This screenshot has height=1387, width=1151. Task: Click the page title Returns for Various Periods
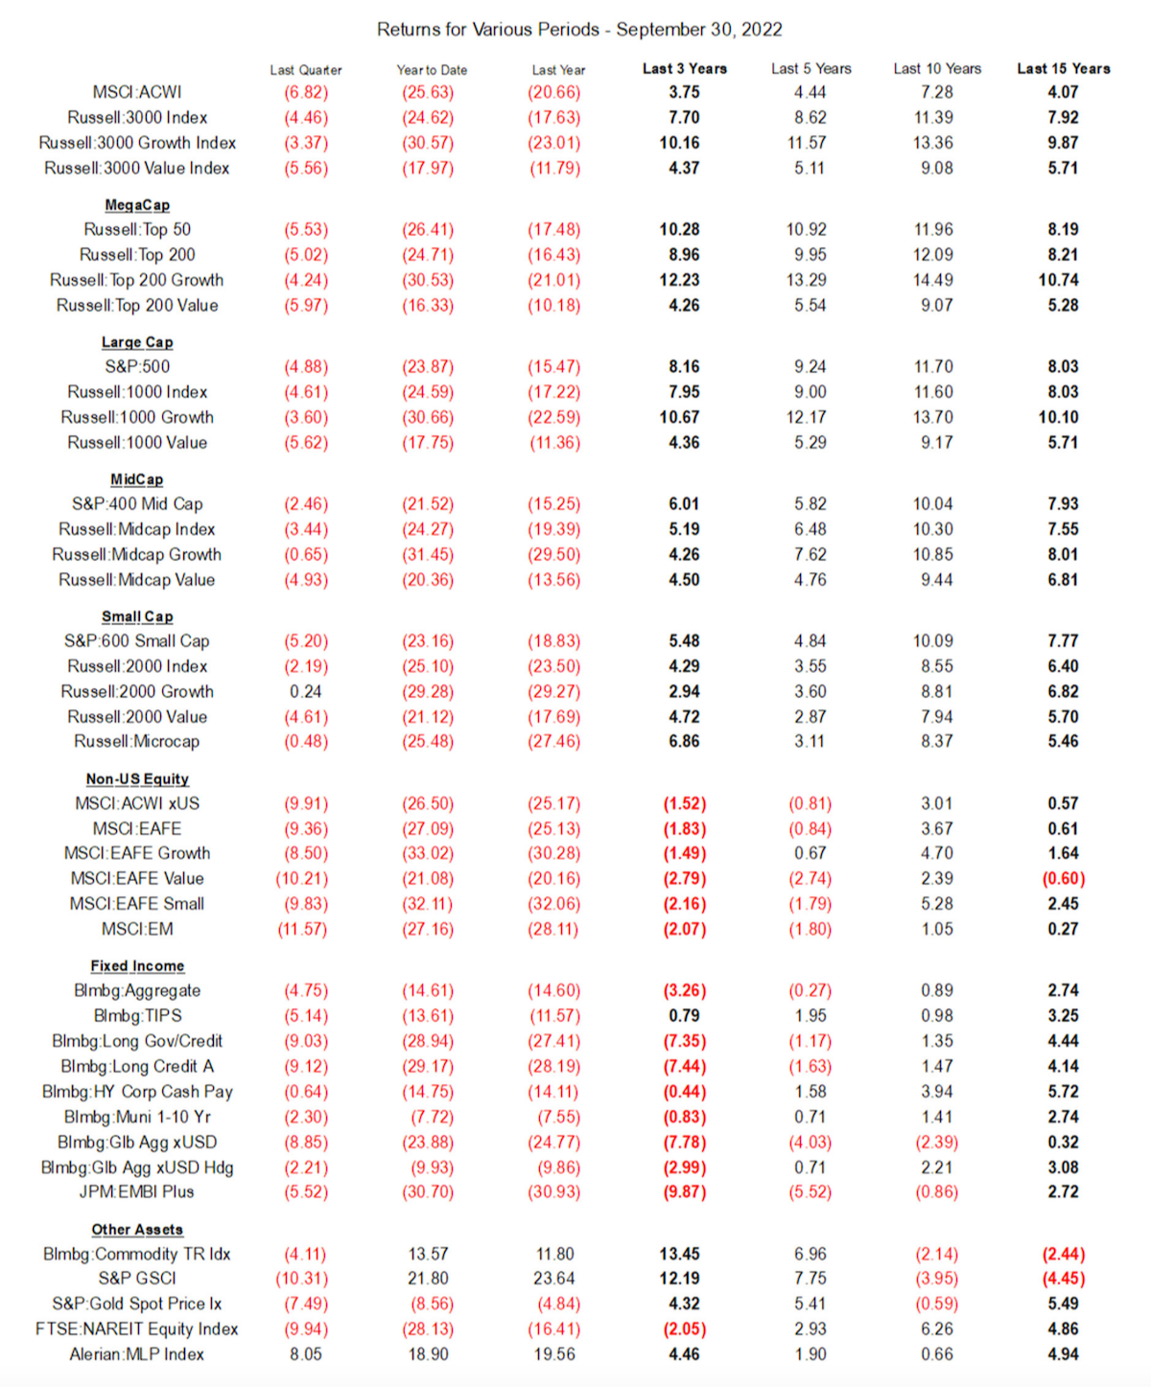point(579,30)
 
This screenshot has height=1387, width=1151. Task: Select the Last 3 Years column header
point(684,69)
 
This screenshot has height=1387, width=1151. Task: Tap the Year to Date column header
point(432,70)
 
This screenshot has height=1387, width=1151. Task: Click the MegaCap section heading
point(137,205)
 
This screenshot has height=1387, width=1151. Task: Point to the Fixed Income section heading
point(137,966)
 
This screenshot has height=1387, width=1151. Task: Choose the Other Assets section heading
point(137,1230)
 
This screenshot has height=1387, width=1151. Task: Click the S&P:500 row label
point(137,367)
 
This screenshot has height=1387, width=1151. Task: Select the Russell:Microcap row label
point(137,742)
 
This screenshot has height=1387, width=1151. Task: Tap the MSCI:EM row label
point(137,929)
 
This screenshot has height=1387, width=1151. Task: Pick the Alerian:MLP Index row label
point(137,1354)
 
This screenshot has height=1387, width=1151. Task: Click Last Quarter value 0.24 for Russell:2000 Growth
point(306,692)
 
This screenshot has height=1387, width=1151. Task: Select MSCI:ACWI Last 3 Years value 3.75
point(684,93)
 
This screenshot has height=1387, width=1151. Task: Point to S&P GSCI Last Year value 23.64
point(554,1279)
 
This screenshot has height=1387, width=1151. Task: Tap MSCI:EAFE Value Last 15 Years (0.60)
point(1063,879)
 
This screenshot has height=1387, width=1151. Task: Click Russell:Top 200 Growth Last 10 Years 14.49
point(936,280)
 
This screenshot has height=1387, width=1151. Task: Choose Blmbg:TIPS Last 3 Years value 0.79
point(684,1016)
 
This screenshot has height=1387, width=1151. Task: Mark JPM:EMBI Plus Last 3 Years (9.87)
point(684,1192)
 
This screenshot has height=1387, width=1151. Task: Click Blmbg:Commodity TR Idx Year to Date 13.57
point(428,1254)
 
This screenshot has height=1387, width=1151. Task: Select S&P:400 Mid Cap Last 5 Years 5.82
point(810,504)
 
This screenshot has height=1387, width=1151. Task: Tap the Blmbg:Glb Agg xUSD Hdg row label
point(137,1167)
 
